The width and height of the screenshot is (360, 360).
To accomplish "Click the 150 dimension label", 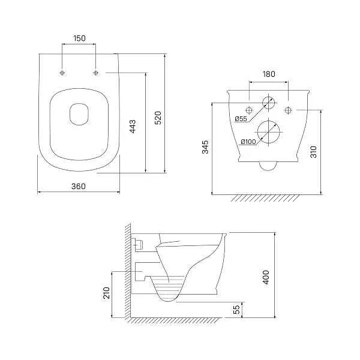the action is [x=79, y=38].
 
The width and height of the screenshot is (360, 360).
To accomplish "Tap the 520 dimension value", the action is [x=158, y=118].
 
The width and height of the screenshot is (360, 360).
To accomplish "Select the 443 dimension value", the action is [x=133, y=126].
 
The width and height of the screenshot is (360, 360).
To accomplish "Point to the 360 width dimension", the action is [x=79, y=186].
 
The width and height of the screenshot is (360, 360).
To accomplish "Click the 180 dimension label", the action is [x=269, y=74].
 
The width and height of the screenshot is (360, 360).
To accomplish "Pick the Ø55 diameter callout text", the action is [x=241, y=119].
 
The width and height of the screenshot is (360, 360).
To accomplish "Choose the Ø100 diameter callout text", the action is [x=248, y=142].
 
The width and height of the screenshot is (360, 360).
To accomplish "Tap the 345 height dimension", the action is [x=205, y=147].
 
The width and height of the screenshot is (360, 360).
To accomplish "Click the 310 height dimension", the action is [x=313, y=152].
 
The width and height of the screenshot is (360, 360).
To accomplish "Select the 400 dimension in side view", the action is [x=266, y=277].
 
